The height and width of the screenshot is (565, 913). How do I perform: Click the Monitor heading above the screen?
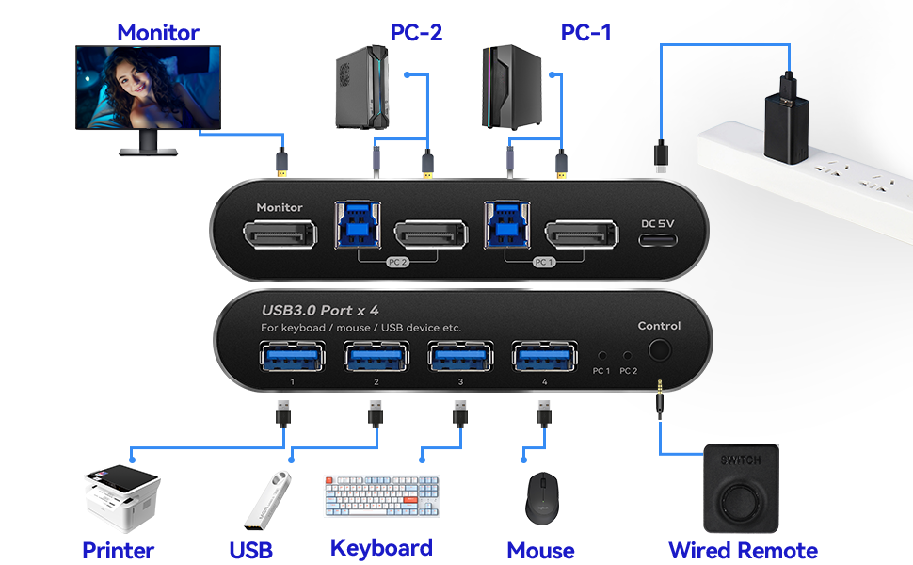click(x=158, y=33)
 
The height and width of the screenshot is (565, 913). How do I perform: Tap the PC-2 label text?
click(x=416, y=33)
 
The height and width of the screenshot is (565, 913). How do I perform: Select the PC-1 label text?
click(x=585, y=33)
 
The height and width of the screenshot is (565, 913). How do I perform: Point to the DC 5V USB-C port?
click(x=658, y=239)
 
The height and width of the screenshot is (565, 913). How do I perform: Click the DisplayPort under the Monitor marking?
click(x=280, y=234)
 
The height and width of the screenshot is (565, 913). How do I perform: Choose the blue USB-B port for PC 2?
click(x=358, y=225)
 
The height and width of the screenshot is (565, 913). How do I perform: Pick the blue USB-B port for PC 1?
click(x=507, y=225)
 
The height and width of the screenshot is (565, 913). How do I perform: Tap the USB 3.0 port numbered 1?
click(x=293, y=357)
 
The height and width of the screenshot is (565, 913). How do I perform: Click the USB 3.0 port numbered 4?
click(x=544, y=357)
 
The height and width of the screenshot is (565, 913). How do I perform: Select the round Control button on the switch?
click(x=659, y=350)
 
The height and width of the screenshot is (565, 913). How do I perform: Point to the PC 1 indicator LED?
click(x=602, y=355)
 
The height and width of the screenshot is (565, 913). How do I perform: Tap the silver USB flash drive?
click(x=267, y=500)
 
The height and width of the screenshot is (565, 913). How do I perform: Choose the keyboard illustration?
click(x=382, y=495)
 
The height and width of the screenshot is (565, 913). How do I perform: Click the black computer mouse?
click(x=541, y=498)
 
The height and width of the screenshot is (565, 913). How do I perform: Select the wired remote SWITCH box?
click(x=741, y=488)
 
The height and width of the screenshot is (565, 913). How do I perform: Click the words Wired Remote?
click(x=743, y=551)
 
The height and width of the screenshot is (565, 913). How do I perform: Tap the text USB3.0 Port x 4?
click(x=320, y=311)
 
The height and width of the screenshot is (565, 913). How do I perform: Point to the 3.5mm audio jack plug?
click(x=660, y=399)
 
